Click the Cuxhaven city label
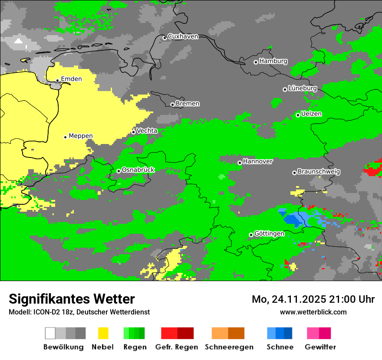pos(183,36)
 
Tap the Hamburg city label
pos(273,61)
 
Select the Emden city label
pos(71,79)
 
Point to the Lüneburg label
pos(302,88)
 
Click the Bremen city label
pos(188,104)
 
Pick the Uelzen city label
pos(311,114)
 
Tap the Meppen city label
pos(81,136)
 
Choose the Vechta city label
pos(147,131)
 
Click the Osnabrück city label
pos(138,170)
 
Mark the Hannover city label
pos(258,161)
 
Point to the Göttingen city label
pos(269,234)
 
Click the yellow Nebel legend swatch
pos(103,333)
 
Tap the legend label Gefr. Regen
pos(177,347)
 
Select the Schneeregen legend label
pos(229,347)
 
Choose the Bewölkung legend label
pos(63,347)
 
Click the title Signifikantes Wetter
pos(72,299)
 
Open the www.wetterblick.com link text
pos(313,312)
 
